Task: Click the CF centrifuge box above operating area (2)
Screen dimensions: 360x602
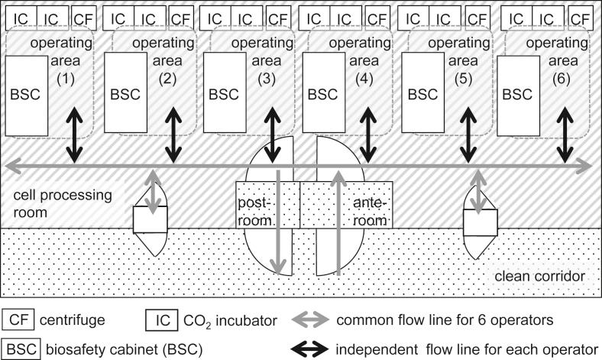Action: tap(180, 18)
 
